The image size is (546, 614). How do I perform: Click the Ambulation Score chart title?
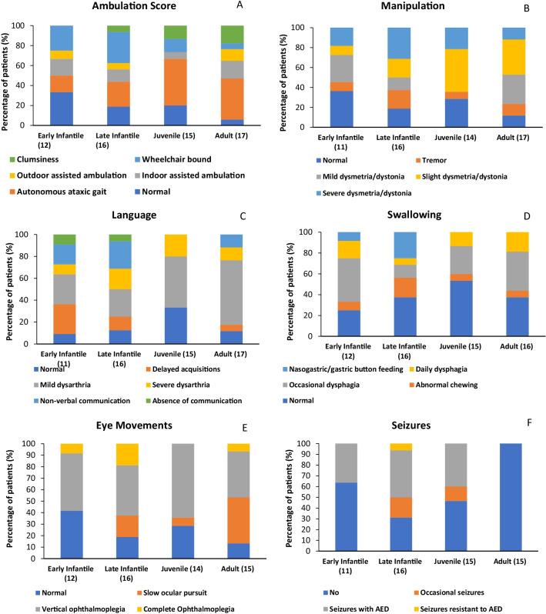tap(136, 8)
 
